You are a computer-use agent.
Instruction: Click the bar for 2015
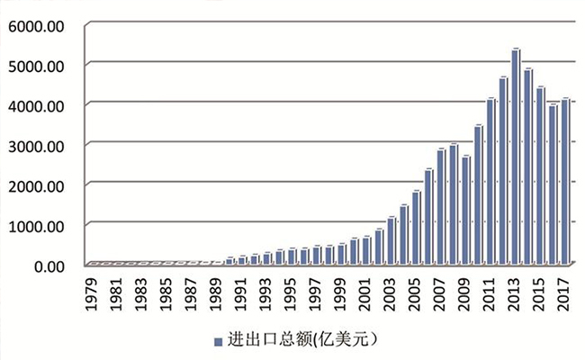[x=541, y=176]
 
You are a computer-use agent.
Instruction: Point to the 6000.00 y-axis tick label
[x=35, y=25]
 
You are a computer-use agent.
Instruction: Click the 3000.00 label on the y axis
[x=35, y=145]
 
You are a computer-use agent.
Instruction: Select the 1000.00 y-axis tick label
[x=35, y=225]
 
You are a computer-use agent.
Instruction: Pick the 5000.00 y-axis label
[x=35, y=66]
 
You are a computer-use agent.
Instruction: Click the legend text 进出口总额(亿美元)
[x=301, y=339]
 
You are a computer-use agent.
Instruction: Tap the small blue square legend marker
[x=217, y=341]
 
